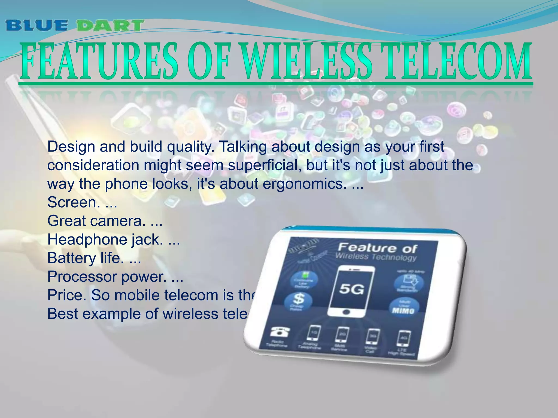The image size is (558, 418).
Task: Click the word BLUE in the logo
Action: pos(37,26)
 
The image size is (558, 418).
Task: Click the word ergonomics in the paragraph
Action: pos(302,184)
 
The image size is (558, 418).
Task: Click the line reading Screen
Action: pos(72,202)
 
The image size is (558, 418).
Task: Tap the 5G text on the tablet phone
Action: pos(351,289)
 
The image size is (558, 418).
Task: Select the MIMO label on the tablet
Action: pos(403,311)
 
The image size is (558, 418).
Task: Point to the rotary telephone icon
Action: pos(279,332)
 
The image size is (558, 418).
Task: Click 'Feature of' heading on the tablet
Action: pos(377,248)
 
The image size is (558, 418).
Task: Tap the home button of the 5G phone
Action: pos(347,312)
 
